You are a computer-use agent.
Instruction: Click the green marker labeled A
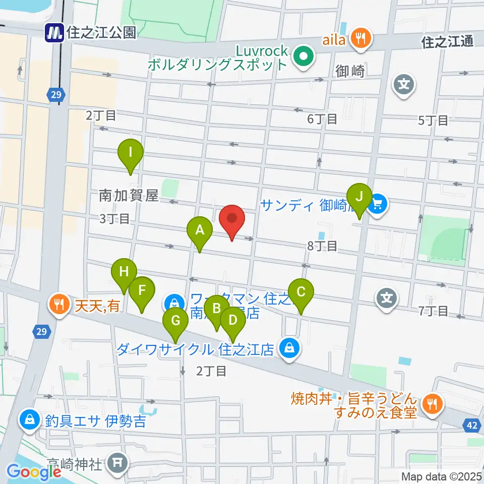tap(200, 231)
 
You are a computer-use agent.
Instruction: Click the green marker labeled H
tap(124, 273)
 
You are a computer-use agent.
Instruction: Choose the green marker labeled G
tap(175, 321)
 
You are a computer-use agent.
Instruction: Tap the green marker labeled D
tap(232, 321)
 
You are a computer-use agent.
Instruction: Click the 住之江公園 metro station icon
tap(54, 33)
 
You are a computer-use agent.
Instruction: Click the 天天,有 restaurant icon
tap(59, 304)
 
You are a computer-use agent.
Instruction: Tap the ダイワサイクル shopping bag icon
tap(289, 349)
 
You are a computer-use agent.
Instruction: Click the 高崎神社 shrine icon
tap(119, 461)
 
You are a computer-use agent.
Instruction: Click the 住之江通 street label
tap(448, 42)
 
